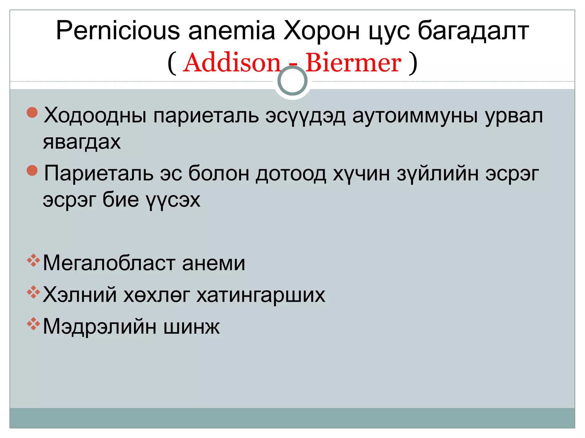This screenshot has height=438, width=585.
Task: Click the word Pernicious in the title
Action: tap(118, 31)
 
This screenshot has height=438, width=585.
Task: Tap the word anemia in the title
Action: tap(231, 31)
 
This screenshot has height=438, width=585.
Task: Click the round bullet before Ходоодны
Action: tap(32, 112)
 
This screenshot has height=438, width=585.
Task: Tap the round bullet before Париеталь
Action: tap(32, 171)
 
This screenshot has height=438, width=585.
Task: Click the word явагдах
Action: tap(82, 142)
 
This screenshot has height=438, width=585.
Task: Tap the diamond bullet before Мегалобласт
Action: tap(33, 260)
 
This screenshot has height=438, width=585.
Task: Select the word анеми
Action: tap(213, 263)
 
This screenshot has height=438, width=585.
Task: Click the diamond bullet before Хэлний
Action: tap(33, 292)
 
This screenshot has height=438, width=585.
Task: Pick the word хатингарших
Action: tap(261, 295)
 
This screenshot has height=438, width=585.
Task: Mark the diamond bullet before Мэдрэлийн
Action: tap(33, 324)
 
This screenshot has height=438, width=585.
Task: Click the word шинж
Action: tap(191, 327)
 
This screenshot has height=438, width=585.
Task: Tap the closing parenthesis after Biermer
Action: tap(413, 63)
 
